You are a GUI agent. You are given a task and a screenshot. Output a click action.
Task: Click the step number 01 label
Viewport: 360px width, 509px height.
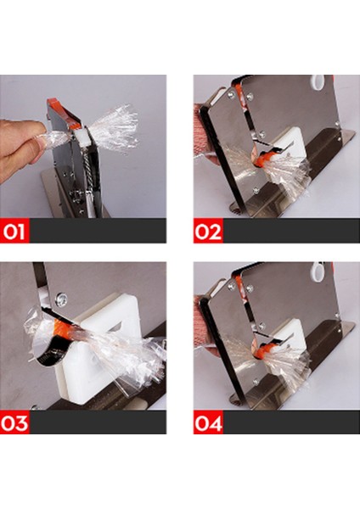tap(14, 231)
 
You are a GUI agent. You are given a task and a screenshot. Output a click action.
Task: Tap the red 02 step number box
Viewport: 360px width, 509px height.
tap(208, 231)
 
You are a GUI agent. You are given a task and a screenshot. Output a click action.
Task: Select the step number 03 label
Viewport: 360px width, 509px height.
tap(14, 422)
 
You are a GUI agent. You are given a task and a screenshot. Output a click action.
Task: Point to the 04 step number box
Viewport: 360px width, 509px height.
tap(208, 422)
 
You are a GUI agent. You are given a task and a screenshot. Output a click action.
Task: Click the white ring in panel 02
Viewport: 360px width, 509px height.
tap(318, 81)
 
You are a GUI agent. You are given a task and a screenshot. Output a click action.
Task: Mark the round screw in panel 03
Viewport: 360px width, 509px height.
tap(61, 299)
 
